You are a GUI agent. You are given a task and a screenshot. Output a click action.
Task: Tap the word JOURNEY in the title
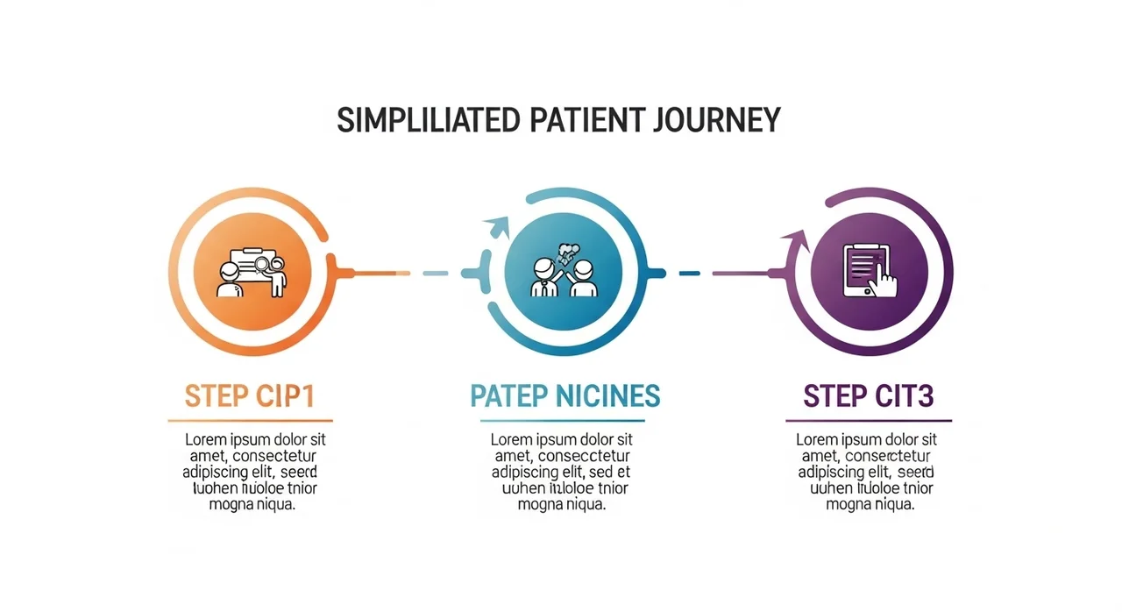pyautogui.click(x=716, y=119)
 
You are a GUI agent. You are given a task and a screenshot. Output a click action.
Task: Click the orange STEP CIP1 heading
pyautogui.click(x=249, y=396)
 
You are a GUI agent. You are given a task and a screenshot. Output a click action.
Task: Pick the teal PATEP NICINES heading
pyautogui.click(x=565, y=396)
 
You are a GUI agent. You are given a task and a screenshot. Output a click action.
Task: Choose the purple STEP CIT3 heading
pyautogui.click(x=868, y=396)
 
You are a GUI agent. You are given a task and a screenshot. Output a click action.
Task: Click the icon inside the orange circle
pyautogui.click(x=252, y=272)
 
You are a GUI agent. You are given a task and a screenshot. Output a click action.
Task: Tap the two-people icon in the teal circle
pyautogui.click(x=565, y=272)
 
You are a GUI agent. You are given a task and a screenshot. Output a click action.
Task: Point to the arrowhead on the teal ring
pyautogui.click(x=499, y=227)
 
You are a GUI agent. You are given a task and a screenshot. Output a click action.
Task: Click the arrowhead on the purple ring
pyautogui.click(x=795, y=239)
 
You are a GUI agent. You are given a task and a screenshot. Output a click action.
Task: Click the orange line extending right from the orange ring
pyautogui.click(x=373, y=273)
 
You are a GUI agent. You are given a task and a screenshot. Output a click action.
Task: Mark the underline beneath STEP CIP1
pyautogui.click(x=250, y=421)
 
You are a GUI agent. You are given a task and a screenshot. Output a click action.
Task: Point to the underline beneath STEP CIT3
pyautogui.click(x=868, y=421)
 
